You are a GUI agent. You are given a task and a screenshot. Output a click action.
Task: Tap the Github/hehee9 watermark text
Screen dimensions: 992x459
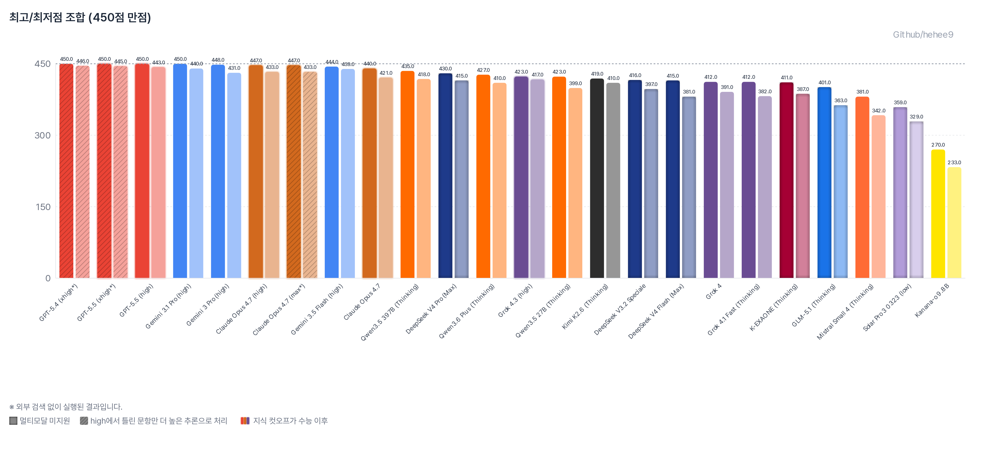tap(923, 35)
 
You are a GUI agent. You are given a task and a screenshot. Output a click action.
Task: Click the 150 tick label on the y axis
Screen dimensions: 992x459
tap(43, 207)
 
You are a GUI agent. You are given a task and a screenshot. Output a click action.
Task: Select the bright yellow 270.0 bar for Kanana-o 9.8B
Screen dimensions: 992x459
tap(938, 214)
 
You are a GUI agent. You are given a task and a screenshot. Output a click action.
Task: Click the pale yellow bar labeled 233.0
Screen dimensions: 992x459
tap(954, 223)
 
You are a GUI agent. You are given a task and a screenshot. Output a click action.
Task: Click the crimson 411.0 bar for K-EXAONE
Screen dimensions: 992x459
tap(786, 180)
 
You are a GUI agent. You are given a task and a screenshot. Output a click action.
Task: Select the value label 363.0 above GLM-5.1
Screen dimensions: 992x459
tap(841, 101)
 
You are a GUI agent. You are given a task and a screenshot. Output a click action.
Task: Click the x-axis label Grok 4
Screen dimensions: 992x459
tap(713, 292)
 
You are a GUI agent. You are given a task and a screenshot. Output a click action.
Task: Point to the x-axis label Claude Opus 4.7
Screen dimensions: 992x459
tap(362, 302)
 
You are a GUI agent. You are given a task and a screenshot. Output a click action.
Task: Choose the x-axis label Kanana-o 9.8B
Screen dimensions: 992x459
tap(932, 300)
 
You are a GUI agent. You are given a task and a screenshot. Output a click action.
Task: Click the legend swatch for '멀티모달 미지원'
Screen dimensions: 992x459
tap(13, 420)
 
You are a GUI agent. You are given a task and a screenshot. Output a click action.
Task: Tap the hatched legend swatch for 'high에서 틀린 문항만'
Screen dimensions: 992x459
tap(84, 420)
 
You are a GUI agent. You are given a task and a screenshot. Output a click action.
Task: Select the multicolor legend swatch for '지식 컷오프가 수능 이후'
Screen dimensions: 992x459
tap(245, 420)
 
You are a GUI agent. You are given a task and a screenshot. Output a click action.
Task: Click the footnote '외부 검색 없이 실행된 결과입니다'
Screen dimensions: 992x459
tap(69, 407)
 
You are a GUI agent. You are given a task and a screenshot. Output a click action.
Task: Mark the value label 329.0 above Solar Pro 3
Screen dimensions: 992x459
tap(916, 117)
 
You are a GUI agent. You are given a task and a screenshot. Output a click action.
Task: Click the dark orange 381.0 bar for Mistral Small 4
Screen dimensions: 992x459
tap(862, 187)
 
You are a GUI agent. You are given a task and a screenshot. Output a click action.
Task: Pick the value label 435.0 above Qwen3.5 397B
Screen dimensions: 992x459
tap(407, 66)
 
